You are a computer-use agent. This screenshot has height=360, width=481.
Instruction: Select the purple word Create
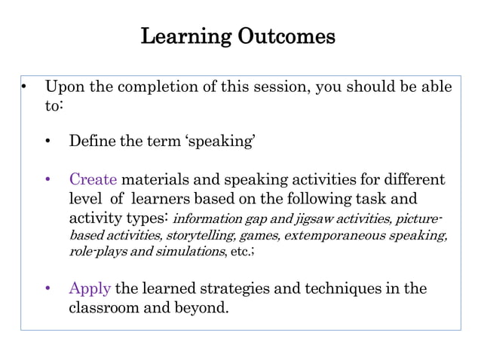click(93, 180)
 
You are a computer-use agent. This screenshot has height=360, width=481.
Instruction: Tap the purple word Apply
click(90, 288)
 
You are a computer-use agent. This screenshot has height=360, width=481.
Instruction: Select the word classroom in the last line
click(107, 307)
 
